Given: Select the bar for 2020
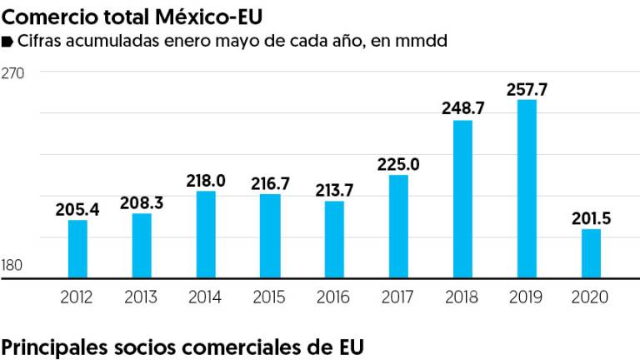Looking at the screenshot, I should [591, 253].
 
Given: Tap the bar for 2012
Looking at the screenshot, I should [77, 248].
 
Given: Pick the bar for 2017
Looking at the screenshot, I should [398, 226].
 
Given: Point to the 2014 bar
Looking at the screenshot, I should [206, 234].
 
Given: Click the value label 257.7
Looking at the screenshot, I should [527, 88].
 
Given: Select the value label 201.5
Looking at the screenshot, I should [591, 218].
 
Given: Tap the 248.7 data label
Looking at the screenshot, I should [462, 108].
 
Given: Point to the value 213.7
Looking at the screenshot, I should [334, 190].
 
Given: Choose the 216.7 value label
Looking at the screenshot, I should [270, 182].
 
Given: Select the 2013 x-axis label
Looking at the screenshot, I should [142, 297].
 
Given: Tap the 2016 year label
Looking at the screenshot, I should [334, 297].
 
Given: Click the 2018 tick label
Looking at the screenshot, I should [462, 297].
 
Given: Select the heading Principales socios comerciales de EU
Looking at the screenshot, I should [182, 346].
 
